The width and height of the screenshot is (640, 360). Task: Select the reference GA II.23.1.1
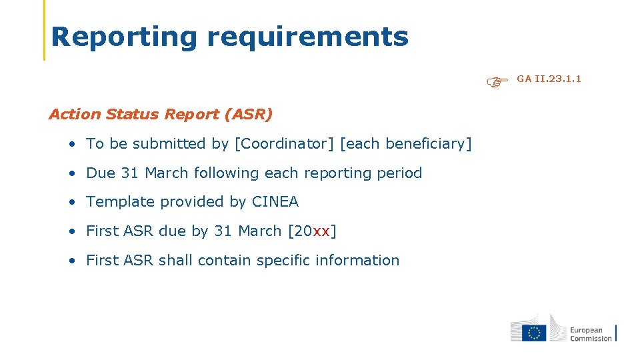(549, 79)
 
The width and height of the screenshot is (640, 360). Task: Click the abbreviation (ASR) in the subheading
(249, 114)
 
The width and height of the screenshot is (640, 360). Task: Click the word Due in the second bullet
(101, 173)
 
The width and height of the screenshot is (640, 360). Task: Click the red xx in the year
(321, 231)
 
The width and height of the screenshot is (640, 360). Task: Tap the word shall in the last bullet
(173, 260)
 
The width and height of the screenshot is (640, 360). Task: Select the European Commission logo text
(590, 334)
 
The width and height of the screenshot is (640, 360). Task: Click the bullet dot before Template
(71, 202)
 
